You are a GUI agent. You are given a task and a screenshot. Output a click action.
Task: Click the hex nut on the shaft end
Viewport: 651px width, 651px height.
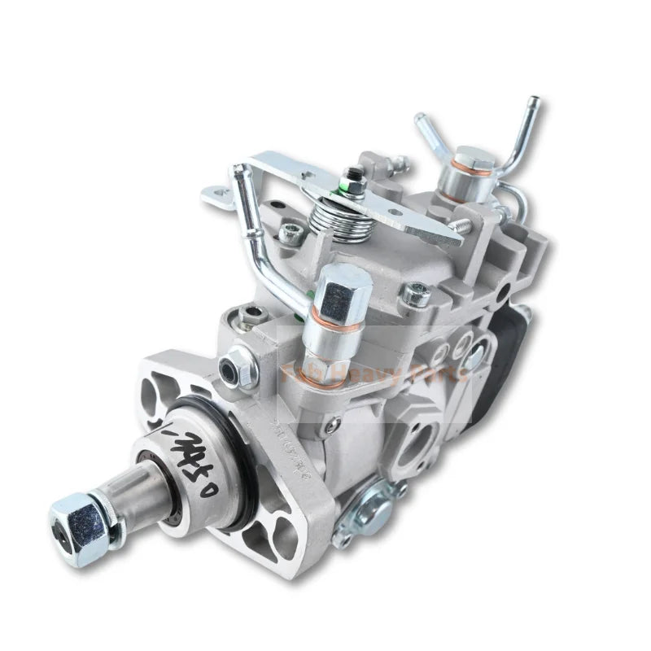[x=75, y=518]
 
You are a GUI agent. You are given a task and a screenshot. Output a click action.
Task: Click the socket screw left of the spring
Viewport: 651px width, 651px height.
[x=290, y=233]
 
